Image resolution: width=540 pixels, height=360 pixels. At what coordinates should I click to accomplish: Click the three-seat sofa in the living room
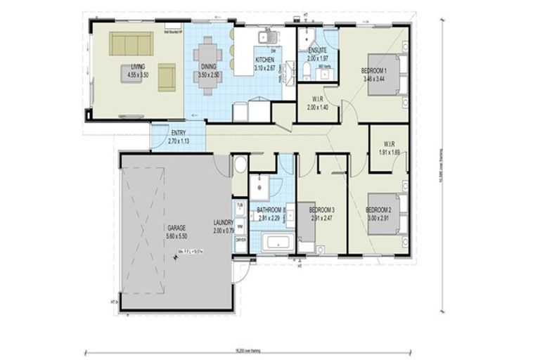pos(131,44)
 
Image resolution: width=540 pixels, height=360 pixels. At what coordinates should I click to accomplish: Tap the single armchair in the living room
pos(167,77)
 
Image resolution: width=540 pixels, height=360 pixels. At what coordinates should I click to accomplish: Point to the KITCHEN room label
pos(264,60)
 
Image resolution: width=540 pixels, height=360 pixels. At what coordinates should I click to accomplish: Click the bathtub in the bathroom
pos(277,245)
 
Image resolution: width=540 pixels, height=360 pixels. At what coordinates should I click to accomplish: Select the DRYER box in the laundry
pos(240,240)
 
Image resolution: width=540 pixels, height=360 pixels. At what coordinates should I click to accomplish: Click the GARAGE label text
pos(176,229)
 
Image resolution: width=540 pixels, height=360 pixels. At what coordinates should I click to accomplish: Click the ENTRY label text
pos(179,133)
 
